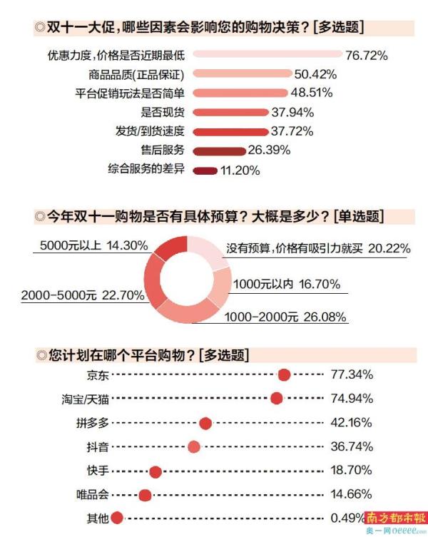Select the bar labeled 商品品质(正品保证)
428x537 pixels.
[243, 73]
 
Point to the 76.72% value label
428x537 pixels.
[366, 55]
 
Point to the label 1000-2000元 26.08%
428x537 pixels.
[285, 315]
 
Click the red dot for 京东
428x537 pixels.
[284, 375]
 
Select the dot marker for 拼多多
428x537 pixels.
[205, 424]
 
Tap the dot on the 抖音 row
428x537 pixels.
[193, 447]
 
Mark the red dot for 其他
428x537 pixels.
[117, 519]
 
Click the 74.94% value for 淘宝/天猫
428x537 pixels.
[352, 399]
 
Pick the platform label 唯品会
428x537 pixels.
[92, 494]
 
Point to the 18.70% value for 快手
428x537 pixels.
[352, 471]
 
